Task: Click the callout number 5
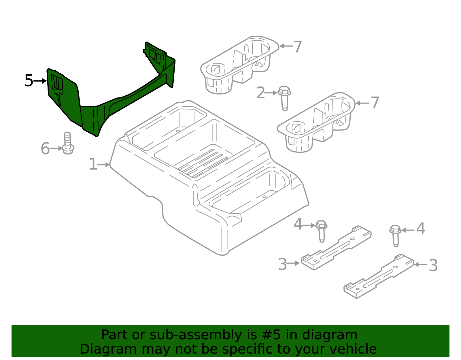coord(29,81)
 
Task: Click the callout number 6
coord(45,149)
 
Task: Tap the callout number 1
coord(93,165)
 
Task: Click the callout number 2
coord(260,93)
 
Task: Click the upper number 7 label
coord(297,46)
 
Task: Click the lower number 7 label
coord(375,103)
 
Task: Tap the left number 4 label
coord(298,225)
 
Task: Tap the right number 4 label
coord(421,229)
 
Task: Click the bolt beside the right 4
coord(396,235)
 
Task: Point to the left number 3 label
coord(282,264)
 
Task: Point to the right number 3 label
coord(433,265)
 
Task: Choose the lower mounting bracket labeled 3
coord(378,277)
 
